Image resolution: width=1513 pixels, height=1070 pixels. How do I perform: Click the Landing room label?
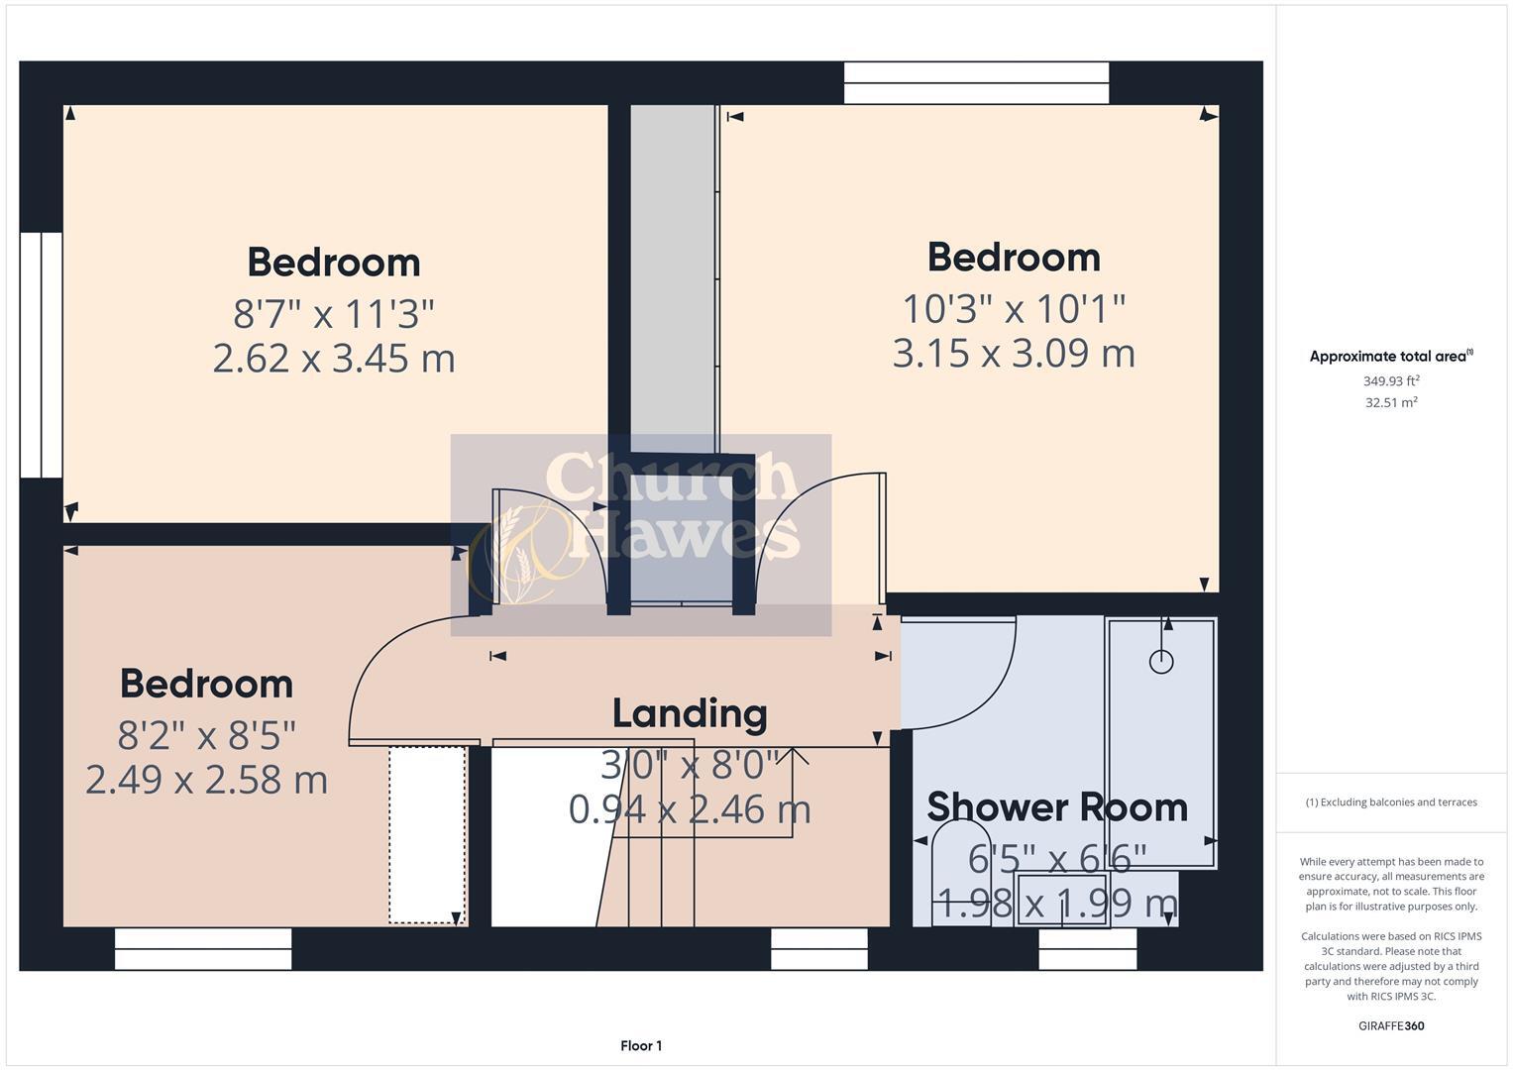[690, 713]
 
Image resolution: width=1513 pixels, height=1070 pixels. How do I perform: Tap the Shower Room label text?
[1057, 806]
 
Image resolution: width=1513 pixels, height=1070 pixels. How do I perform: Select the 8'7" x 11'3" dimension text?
[334, 314]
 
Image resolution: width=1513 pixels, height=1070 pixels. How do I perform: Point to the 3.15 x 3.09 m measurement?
[1014, 353]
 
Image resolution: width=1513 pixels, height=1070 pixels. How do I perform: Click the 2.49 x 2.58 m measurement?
[206, 780]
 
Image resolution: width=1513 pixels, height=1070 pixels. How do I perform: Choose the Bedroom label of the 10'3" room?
[1014, 258]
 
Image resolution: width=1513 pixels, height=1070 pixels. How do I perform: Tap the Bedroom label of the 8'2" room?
[206, 684]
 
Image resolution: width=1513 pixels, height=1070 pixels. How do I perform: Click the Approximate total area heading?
[1390, 357]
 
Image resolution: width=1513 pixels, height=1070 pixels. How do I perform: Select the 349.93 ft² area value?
[1390, 380]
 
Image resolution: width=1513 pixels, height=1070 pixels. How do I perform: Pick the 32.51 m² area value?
[1390, 402]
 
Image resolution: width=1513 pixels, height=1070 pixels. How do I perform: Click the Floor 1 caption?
[641, 1046]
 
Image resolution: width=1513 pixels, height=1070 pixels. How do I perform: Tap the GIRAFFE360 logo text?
[1390, 1025]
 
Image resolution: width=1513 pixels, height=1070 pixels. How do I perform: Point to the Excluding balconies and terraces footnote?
[1390, 802]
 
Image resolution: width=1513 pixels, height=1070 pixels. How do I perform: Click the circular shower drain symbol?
[1161, 662]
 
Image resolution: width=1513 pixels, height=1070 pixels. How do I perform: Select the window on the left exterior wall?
[42, 355]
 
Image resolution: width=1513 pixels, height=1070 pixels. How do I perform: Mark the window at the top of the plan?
[976, 82]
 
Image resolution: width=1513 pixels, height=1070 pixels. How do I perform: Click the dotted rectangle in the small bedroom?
[427, 835]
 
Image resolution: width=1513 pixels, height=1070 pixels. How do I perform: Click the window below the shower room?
[1087, 949]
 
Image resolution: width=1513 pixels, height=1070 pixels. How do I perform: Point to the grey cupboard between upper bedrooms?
[673, 277]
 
